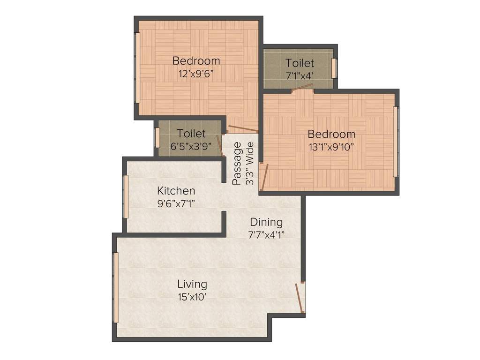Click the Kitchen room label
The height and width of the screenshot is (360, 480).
[x=176, y=191]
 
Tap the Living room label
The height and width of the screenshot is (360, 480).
[x=192, y=284]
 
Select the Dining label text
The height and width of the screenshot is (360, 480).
[x=266, y=222]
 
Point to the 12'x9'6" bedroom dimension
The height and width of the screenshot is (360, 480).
[x=196, y=74]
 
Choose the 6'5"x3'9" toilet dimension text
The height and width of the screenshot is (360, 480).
[x=191, y=146]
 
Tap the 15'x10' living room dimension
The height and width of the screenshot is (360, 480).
[x=192, y=297]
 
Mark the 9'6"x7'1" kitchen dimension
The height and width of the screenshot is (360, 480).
[x=176, y=203]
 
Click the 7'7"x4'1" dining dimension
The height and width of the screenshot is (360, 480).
[x=266, y=235]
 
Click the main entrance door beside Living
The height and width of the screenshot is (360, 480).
[x=300, y=298]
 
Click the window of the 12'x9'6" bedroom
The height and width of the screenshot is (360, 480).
[x=137, y=67]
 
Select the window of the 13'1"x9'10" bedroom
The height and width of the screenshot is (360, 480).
[x=396, y=142]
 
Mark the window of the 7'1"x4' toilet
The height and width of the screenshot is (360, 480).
[x=334, y=68]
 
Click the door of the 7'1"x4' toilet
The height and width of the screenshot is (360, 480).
[x=302, y=88]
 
